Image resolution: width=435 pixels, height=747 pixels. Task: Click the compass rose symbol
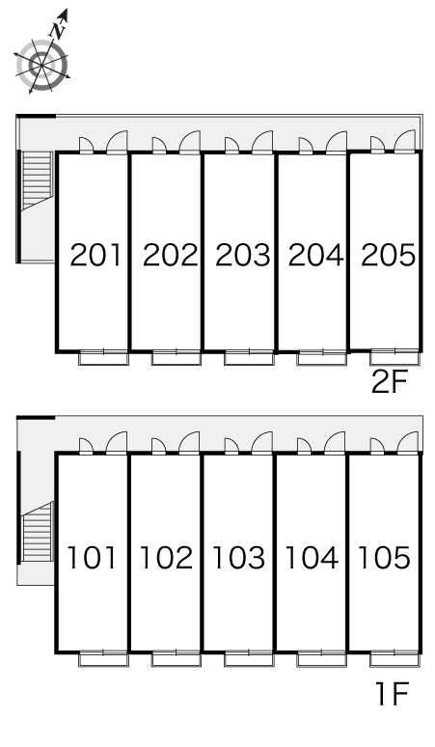click(41, 65)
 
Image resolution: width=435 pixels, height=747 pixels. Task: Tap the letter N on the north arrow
click(58, 31)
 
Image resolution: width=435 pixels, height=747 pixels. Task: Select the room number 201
click(96, 255)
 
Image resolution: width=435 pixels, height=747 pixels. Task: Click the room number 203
click(243, 255)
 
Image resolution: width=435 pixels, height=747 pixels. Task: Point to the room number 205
click(389, 255)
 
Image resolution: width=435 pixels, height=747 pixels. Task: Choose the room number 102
click(166, 558)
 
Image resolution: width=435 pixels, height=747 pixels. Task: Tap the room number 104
click(312, 558)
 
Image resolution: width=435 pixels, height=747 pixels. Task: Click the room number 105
click(384, 558)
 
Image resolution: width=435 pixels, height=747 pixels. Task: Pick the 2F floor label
click(390, 382)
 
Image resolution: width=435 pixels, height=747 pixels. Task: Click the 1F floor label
click(393, 694)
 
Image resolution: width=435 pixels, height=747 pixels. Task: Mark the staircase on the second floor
click(37, 181)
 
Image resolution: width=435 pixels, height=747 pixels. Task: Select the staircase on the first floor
click(37, 532)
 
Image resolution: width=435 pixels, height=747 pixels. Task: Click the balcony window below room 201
click(104, 357)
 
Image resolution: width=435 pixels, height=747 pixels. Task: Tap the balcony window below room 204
click(322, 357)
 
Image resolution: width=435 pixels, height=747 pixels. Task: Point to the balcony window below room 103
click(249, 659)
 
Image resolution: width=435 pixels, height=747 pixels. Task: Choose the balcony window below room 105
click(394, 659)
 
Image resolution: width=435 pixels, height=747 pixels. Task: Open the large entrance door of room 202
click(189, 143)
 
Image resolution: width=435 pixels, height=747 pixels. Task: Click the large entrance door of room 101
click(117, 444)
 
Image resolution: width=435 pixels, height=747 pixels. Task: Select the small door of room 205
click(377, 146)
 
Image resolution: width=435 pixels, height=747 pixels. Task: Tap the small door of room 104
click(304, 447)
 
